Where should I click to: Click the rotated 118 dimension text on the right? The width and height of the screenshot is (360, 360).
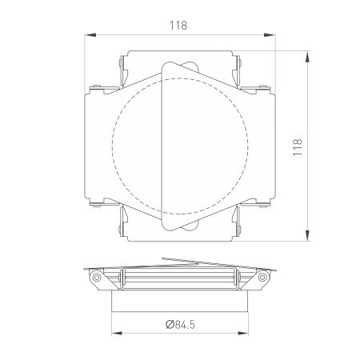tap(298, 146)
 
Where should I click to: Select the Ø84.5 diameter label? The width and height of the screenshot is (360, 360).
tap(178, 326)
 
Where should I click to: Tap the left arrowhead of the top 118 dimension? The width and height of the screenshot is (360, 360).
tap(88, 35)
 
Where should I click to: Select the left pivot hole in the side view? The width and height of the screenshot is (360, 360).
tap(97, 277)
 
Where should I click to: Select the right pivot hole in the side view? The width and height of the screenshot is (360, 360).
tap(260, 277)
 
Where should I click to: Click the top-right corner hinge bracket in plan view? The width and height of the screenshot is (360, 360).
tap(237, 70)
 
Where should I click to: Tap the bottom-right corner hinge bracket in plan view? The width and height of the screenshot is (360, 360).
tap(237, 223)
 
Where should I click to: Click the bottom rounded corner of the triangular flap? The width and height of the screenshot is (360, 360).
tap(170, 228)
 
